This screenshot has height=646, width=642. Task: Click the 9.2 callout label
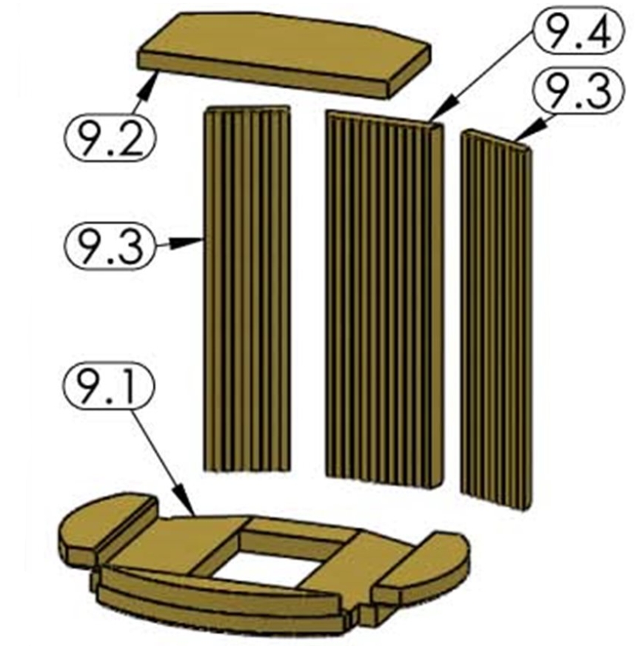tap(110, 137)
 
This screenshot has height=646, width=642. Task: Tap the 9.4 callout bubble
tap(578, 31)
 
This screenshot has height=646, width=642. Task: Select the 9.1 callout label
tap(108, 386)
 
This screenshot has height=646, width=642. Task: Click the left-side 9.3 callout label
tap(110, 246)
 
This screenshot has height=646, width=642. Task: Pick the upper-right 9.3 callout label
tap(579, 90)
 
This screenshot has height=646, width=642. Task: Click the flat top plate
tap(284, 55)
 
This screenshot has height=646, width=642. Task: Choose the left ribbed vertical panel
tap(247, 289)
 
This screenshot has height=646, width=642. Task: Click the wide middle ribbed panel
tap(384, 299)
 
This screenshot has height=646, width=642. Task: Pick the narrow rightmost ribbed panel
tap(496, 320)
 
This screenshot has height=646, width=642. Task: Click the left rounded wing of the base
tap(107, 525)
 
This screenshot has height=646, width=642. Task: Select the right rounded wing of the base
tap(422, 566)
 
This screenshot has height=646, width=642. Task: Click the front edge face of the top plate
tap(264, 73)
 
